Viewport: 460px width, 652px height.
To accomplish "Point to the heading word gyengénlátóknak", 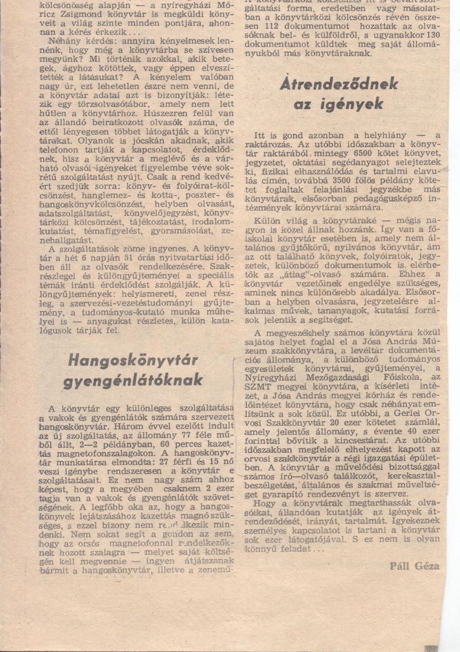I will [x=133, y=380].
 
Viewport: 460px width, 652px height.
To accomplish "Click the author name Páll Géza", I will [x=414, y=566].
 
